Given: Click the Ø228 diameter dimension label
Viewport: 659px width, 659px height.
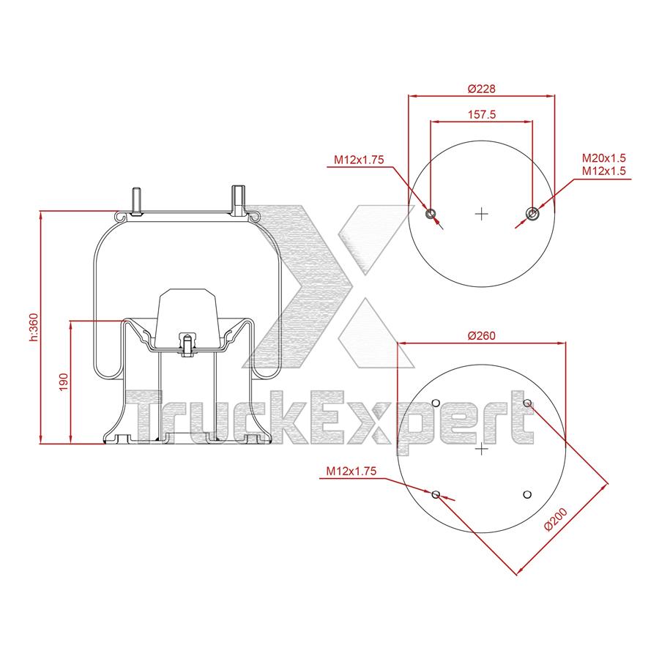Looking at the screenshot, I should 481,89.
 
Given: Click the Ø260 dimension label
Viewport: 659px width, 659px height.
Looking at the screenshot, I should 481,336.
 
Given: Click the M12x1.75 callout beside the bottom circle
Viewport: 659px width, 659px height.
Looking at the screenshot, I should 351,472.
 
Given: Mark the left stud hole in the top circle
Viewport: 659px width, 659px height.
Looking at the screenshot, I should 431,214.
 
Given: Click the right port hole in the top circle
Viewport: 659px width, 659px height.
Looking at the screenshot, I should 532,214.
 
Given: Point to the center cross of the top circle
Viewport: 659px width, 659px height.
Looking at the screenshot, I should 482,214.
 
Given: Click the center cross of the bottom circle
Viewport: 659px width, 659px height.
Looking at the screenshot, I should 481,448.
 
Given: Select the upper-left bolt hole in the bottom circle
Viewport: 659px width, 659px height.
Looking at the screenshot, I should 436,403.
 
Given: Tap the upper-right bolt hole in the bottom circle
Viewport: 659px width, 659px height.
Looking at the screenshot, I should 526,403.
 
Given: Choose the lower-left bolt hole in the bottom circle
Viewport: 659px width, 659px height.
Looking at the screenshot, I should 436,495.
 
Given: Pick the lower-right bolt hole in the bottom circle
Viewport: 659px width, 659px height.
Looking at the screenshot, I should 526,495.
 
